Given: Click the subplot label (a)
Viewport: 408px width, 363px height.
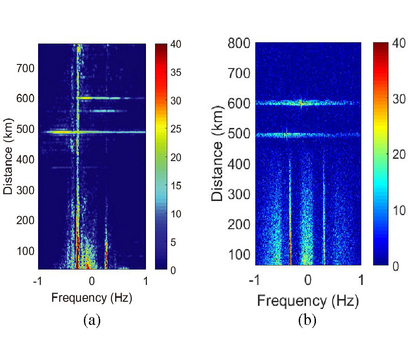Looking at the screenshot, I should (92, 320).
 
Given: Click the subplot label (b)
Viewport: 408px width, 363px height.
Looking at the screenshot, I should (307, 320).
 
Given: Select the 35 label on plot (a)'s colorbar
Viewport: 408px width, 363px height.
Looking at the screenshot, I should (175, 73).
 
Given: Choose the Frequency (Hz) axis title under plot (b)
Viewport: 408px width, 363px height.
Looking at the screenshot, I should (308, 300).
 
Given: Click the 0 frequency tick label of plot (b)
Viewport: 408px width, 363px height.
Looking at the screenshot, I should (308, 279).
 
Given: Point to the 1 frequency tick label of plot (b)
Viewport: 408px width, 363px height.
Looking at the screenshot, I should (361, 279).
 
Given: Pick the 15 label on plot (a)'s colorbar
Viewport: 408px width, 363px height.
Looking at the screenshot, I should (175, 186).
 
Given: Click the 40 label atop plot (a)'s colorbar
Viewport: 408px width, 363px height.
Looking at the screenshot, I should (175, 44).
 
